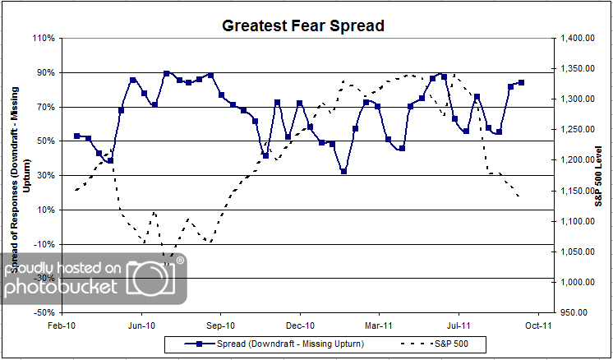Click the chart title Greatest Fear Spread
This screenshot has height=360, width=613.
[x=303, y=25]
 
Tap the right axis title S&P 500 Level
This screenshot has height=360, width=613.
[x=599, y=174]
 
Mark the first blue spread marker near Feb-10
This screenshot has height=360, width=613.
[x=76, y=136]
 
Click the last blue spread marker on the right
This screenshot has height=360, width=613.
[x=521, y=82]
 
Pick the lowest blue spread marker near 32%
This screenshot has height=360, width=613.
[x=343, y=171]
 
